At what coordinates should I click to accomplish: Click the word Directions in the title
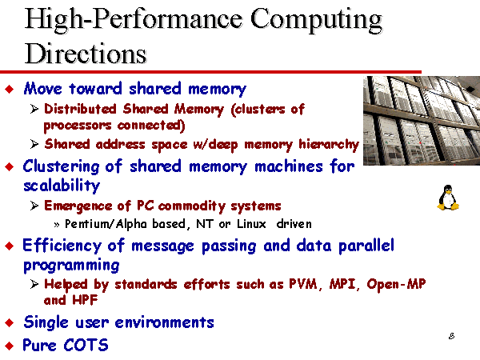(86, 54)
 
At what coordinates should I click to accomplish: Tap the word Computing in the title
(316, 20)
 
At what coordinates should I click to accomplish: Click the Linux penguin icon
(448, 198)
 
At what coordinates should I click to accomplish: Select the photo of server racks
(422, 121)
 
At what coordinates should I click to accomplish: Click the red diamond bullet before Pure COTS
(10, 346)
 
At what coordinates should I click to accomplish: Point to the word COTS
(86, 345)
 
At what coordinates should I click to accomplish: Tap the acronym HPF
(85, 300)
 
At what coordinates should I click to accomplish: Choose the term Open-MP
(396, 285)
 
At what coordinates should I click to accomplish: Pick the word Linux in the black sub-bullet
(251, 224)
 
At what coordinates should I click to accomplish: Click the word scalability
(62, 186)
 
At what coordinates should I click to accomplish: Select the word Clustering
(62, 167)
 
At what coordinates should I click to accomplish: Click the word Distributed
(80, 109)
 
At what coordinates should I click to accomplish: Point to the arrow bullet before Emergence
(34, 206)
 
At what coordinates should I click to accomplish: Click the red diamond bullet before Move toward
(10, 89)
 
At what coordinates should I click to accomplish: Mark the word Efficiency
(62, 246)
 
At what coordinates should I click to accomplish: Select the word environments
(164, 322)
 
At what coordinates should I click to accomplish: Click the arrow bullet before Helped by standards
(34, 284)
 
